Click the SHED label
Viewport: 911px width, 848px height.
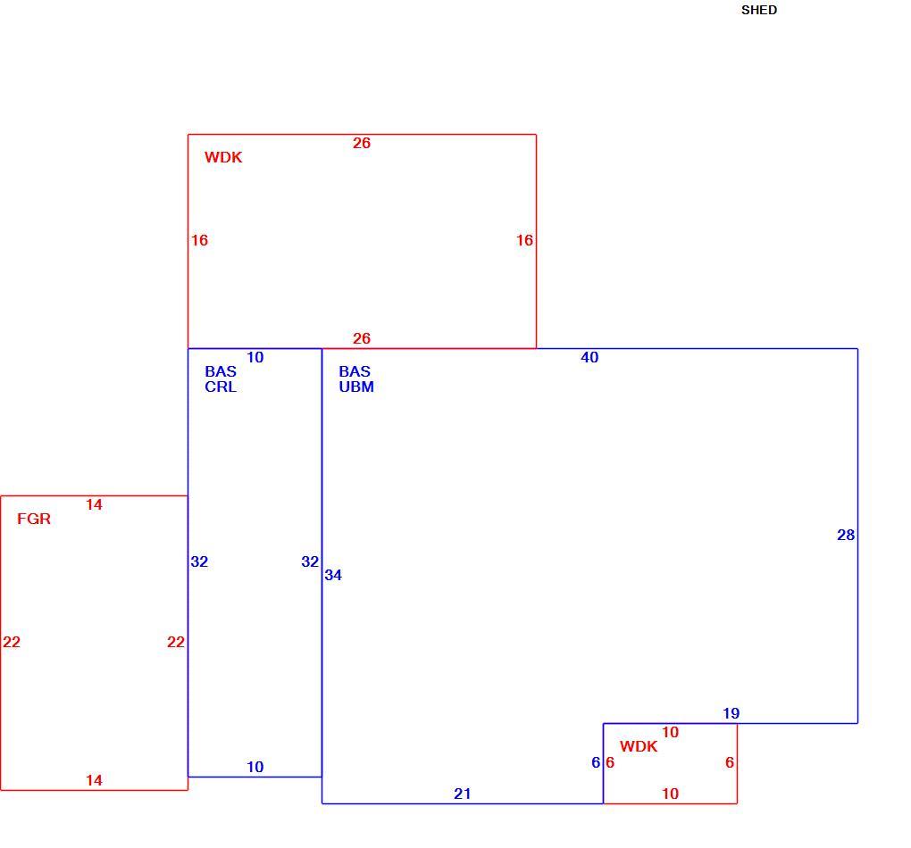[x=759, y=10]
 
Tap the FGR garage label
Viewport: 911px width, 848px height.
[x=34, y=519]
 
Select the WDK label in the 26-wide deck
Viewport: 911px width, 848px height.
[x=223, y=157]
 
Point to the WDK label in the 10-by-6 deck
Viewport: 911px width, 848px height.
[x=639, y=746]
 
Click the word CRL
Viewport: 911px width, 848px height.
[x=221, y=387]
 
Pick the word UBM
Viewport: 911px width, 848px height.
[x=356, y=387]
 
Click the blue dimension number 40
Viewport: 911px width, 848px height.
[x=589, y=357]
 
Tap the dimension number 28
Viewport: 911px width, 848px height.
[x=846, y=535]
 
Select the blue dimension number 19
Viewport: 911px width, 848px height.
[x=731, y=713]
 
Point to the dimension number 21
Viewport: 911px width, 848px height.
[x=463, y=794]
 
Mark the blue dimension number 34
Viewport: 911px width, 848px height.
[x=333, y=575]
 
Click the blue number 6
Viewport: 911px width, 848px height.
[x=596, y=762]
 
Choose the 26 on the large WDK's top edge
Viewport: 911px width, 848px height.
[x=362, y=143]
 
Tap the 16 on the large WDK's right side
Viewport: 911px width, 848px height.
[x=524, y=240]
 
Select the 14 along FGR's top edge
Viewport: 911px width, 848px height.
[x=94, y=504]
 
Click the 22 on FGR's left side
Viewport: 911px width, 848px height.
[x=12, y=642]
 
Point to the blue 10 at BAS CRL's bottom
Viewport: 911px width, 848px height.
[x=255, y=767]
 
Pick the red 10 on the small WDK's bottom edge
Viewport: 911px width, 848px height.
[x=671, y=794]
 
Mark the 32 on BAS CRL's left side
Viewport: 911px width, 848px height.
[x=199, y=561]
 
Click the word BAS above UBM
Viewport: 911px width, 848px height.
[x=355, y=371]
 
